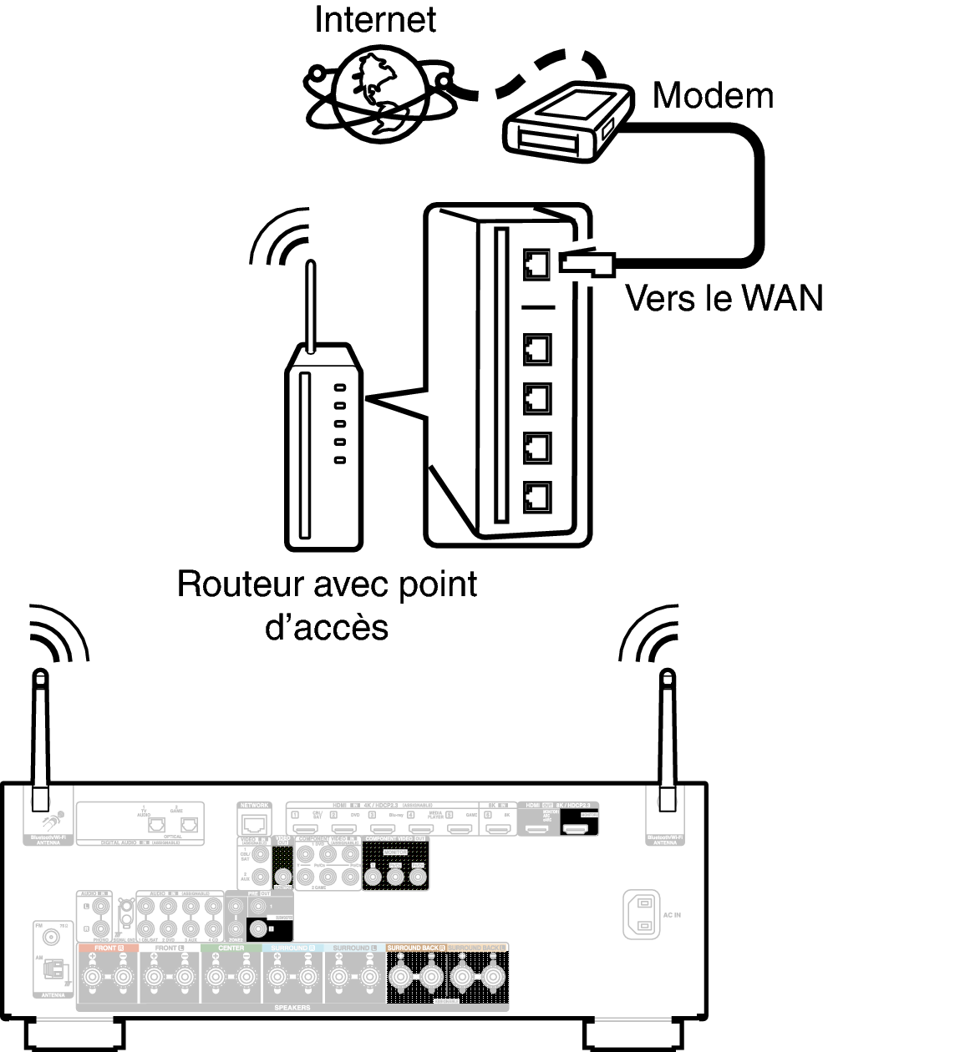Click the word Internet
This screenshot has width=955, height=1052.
click(x=375, y=19)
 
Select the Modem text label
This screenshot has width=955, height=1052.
click(x=713, y=96)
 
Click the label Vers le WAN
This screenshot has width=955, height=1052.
click(x=724, y=298)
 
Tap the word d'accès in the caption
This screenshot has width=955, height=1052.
click(x=327, y=627)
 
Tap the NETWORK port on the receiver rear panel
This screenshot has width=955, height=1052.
click(x=254, y=823)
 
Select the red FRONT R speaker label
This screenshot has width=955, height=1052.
click(x=107, y=948)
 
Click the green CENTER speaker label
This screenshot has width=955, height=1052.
click(x=231, y=948)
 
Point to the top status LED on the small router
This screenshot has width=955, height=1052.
click(x=339, y=387)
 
